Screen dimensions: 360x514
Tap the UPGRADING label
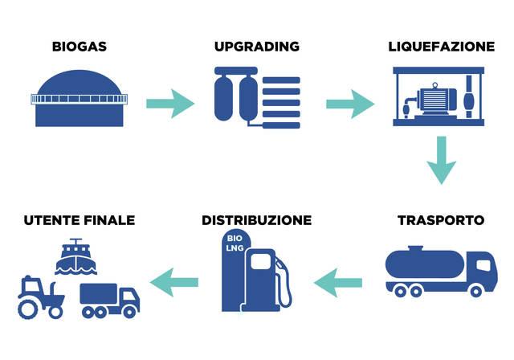pos(256,47)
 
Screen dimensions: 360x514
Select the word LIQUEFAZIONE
pos(440,47)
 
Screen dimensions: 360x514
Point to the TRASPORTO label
pos(440,220)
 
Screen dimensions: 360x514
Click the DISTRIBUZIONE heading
pos(256,220)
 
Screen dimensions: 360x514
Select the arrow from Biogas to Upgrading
pos(169,103)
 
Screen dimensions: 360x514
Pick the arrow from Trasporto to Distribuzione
pos(338,280)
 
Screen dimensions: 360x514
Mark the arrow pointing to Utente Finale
pos(174,280)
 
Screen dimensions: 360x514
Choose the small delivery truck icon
pos(109,300)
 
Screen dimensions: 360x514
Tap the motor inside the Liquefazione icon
pos(433,101)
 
